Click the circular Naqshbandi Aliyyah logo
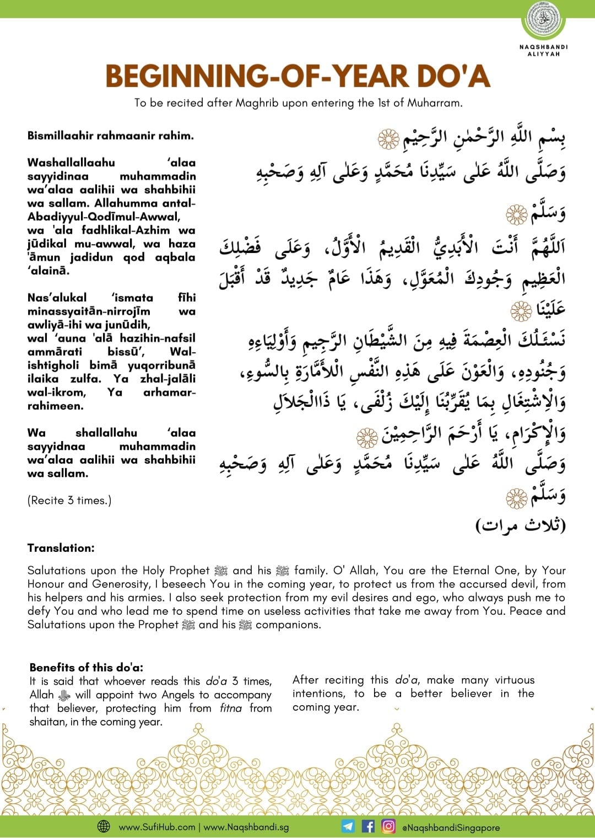click(x=543, y=20)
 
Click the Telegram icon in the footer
click(x=348, y=826)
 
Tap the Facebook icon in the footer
click(x=368, y=826)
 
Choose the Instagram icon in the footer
click(x=388, y=826)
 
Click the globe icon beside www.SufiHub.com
click(x=104, y=826)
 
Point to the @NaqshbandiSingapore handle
click(x=451, y=827)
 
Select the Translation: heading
click(x=61, y=548)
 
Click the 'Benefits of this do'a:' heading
click(x=86, y=667)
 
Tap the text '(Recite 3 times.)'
click(x=69, y=501)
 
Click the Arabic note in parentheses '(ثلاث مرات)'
click(x=521, y=525)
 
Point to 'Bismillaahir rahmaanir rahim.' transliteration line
click(x=111, y=136)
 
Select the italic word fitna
click(x=231, y=708)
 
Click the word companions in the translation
click(x=288, y=625)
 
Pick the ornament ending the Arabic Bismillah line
click(x=388, y=139)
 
